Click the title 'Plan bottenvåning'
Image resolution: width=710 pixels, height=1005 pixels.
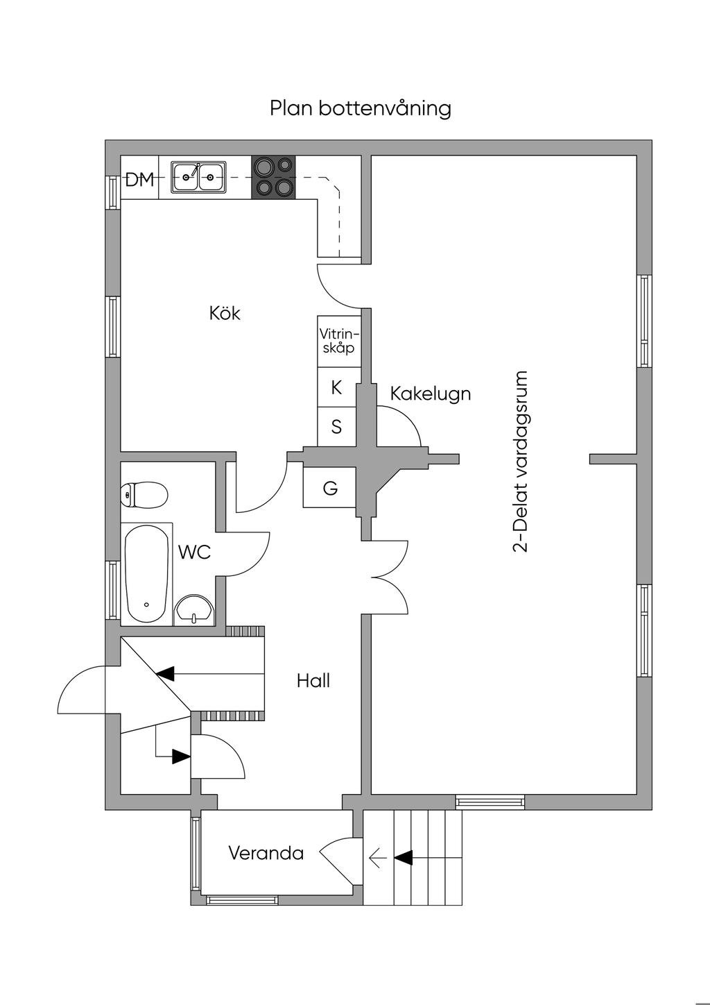point(361,109)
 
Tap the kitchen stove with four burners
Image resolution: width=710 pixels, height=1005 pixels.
point(272,177)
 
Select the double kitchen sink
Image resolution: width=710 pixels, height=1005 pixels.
point(198,177)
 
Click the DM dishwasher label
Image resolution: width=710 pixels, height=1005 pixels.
point(139,180)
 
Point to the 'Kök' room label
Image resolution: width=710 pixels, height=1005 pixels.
point(225,314)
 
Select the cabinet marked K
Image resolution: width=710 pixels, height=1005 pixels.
point(337,388)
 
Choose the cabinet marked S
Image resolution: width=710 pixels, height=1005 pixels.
point(337,427)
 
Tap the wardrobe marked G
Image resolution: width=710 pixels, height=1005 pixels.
point(331,489)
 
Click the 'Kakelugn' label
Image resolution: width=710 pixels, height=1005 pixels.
point(430,394)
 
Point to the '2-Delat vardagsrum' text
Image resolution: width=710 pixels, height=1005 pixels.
point(521,462)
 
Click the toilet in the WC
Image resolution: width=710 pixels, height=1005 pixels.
point(144,495)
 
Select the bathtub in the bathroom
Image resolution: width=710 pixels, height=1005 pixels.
point(146,574)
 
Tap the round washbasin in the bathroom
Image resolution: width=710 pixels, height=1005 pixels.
point(194,609)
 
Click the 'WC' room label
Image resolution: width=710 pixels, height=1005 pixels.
point(194,552)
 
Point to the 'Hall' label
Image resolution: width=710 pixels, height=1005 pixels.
point(313,681)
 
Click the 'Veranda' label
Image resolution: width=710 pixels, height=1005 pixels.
point(266,853)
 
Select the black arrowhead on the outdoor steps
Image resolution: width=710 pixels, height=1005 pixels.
point(404,859)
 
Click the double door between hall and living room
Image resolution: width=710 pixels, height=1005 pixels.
point(388,576)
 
